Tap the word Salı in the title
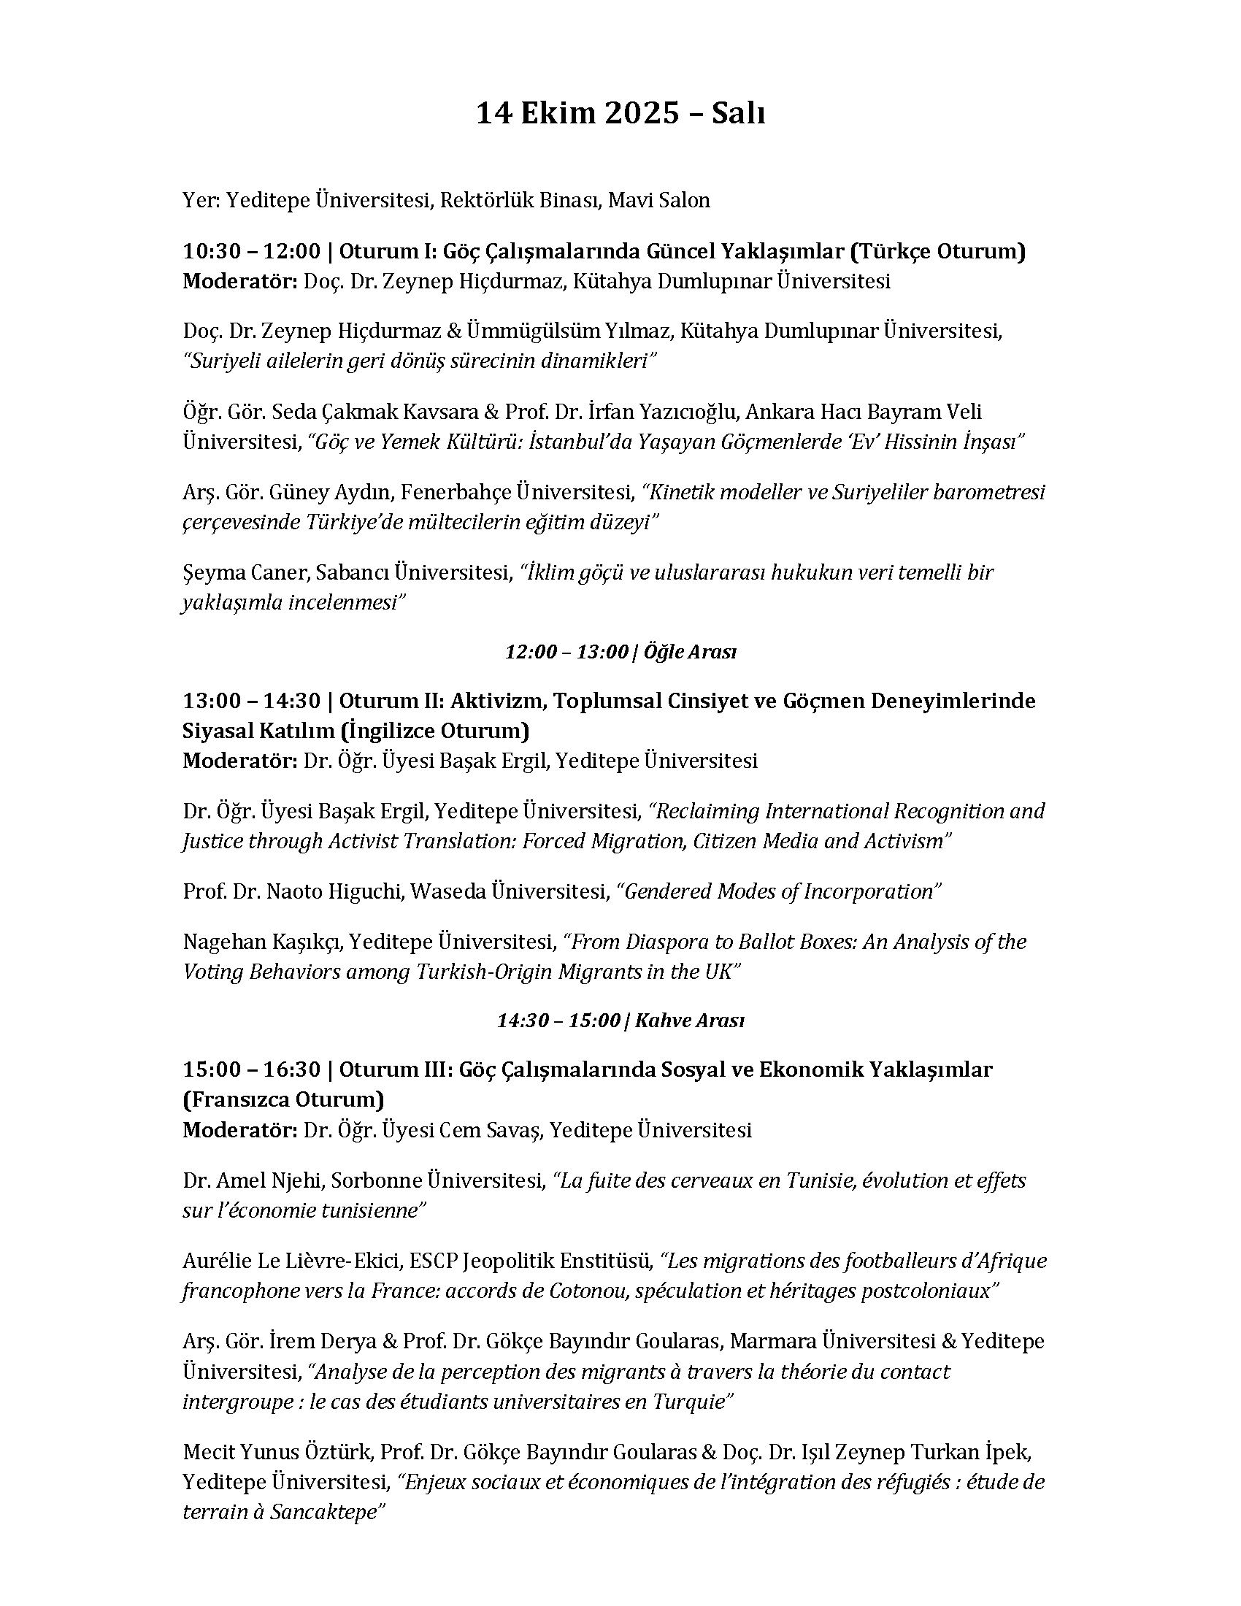[x=738, y=115]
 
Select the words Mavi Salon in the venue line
[x=658, y=200]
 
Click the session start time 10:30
[x=210, y=252]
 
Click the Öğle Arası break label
[x=689, y=651]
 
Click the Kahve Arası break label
[x=689, y=1021]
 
